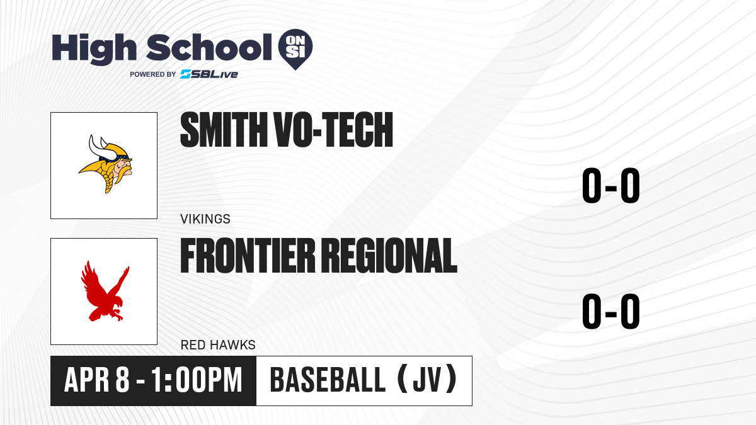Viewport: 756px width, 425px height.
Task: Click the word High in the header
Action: [x=94, y=49]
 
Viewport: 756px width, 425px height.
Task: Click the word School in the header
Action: [x=209, y=47]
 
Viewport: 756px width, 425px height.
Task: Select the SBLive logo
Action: [x=209, y=74]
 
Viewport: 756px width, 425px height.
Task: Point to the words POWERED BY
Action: [x=153, y=74]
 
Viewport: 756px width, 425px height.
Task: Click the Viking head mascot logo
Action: [x=105, y=164]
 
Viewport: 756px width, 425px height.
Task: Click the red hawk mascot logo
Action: [x=105, y=291]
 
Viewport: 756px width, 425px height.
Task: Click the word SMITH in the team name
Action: [x=224, y=130]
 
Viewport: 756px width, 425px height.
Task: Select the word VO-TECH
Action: [x=334, y=130]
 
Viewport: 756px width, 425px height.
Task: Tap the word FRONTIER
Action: [x=248, y=255]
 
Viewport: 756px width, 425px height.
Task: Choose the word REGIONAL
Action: [x=389, y=255]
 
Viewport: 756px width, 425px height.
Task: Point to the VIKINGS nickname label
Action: [x=205, y=219]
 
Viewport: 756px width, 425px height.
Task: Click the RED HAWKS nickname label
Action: [x=218, y=345]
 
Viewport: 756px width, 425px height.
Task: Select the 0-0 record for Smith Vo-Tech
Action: [x=611, y=185]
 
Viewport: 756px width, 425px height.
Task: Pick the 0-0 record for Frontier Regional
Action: [x=611, y=311]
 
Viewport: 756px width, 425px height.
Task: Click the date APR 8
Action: [x=96, y=380]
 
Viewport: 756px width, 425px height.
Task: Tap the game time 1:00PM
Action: [x=197, y=380]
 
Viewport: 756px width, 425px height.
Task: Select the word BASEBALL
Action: [x=328, y=380]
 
